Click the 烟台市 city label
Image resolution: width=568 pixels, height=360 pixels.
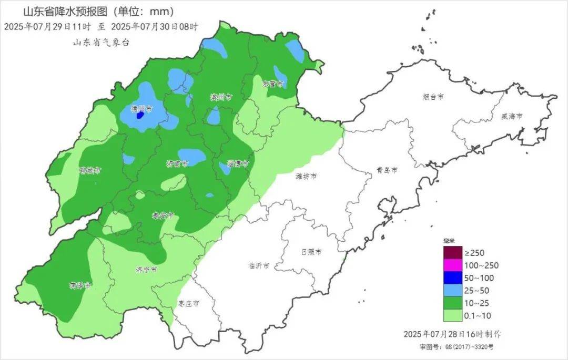[x=434, y=97]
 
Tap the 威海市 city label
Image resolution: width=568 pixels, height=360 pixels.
[x=512, y=116]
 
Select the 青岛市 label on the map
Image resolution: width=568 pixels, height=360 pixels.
[x=387, y=170]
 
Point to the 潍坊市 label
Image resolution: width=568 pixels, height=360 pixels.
[x=307, y=177]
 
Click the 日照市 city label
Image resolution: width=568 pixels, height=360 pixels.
[x=311, y=252]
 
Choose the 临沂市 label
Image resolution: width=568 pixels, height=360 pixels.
[x=259, y=265]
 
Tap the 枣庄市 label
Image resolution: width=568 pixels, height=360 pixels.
[x=188, y=304]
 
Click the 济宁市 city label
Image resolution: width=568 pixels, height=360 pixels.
[x=146, y=270]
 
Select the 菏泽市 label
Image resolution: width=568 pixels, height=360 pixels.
[x=80, y=286]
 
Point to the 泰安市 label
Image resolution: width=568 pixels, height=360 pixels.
[x=163, y=215]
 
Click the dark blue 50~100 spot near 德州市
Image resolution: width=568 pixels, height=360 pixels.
[x=140, y=114]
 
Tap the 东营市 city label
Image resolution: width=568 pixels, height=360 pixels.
[x=273, y=84]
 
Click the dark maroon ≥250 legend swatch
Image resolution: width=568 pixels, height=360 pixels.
[x=452, y=253]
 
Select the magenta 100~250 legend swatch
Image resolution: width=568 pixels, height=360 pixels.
[x=452, y=265]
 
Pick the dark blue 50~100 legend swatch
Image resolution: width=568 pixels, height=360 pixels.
[x=452, y=278]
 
